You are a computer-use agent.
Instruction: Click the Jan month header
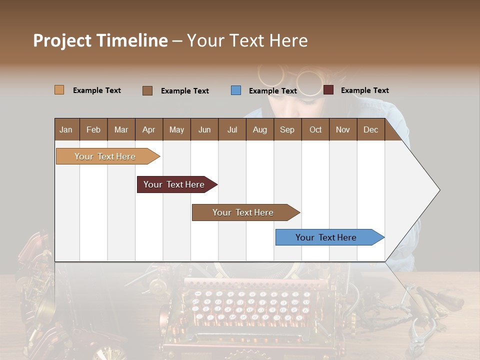[66, 130]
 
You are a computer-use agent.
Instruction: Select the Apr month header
[148, 130]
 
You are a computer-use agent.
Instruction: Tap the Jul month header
[232, 130]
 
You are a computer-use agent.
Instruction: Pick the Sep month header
[287, 130]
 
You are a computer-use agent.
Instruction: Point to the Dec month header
[370, 130]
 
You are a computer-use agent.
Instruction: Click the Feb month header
[93, 130]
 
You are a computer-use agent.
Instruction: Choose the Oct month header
[315, 130]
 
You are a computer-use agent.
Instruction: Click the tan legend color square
[59, 90]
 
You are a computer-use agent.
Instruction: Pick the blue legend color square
[236, 90]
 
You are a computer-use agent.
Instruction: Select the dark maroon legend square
[328, 90]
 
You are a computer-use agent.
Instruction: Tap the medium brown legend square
[147, 90]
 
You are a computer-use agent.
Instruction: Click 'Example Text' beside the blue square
[273, 91]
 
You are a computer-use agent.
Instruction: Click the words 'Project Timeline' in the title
[100, 40]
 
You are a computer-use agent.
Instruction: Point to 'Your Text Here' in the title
[247, 40]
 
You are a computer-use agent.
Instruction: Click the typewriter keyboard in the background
[250, 305]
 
